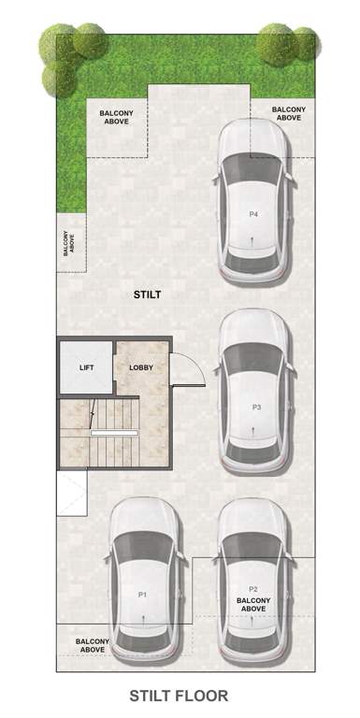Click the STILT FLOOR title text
tap(179, 696)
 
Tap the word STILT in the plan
tap(147, 294)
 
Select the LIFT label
tap(86, 367)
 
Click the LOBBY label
tap(140, 367)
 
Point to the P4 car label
tap(253, 214)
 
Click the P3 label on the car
tap(256, 408)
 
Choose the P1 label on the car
tap(143, 594)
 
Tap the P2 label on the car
tap(252, 589)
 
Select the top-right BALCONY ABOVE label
tap(287, 113)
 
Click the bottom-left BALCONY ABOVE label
tap(92, 645)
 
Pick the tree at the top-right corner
tap(285, 44)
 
